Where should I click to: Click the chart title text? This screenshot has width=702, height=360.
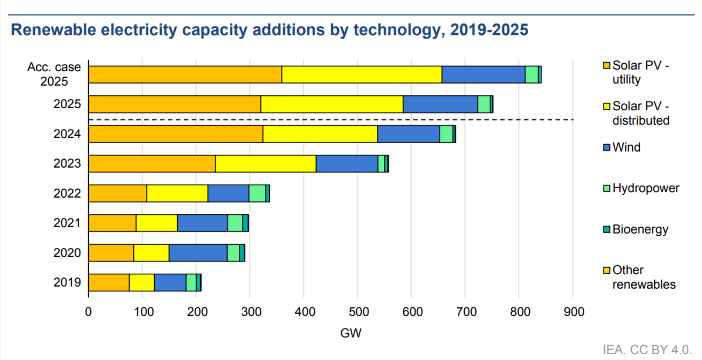tap(270, 30)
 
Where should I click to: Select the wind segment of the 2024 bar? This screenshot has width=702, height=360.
tap(409, 133)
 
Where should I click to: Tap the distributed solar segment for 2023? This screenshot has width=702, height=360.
tap(266, 163)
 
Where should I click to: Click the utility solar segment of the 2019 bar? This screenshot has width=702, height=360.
tap(109, 282)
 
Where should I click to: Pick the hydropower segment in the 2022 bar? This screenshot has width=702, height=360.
tap(258, 193)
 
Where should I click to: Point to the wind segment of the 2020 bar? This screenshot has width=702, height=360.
tap(198, 252)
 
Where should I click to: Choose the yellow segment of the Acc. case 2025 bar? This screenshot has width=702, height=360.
tap(362, 74)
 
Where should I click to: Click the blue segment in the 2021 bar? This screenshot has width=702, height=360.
tap(202, 223)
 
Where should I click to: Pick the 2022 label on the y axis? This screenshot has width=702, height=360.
tap(67, 193)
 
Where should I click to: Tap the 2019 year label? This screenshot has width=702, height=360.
tap(67, 282)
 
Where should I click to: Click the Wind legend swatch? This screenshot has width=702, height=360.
tap(606, 148)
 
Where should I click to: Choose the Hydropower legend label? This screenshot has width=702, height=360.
tap(646, 188)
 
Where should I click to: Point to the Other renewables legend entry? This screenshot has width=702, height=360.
tap(643, 277)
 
